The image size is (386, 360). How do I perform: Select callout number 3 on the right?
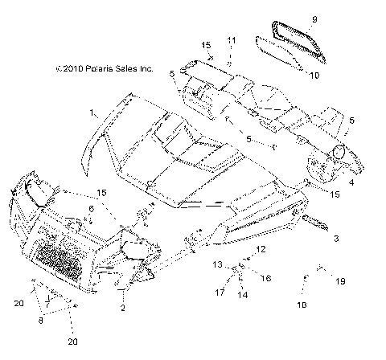point(336,239)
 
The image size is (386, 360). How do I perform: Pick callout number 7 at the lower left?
point(47,305)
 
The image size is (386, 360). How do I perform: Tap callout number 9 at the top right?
point(315,18)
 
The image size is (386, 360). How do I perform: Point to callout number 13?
point(216,264)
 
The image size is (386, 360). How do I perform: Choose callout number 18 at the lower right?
point(304,306)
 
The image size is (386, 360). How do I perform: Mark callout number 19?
point(340,281)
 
